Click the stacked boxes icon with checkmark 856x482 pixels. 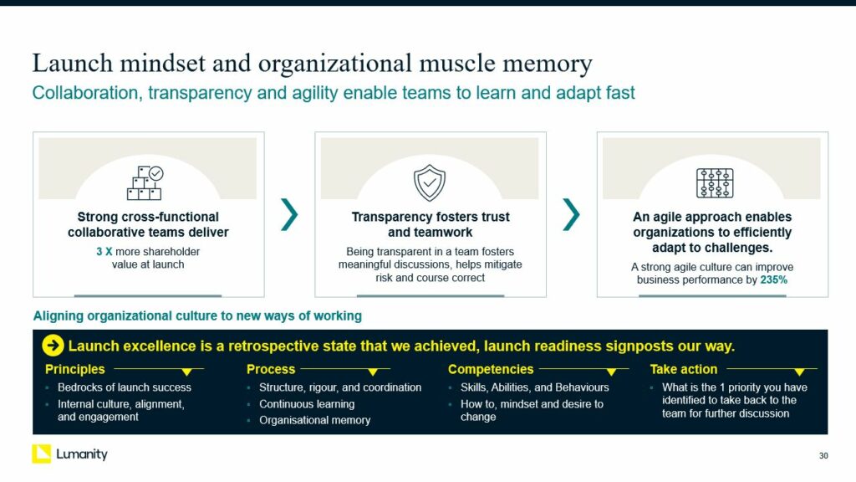click(145, 183)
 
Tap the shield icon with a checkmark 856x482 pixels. click(430, 183)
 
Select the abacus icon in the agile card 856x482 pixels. click(715, 183)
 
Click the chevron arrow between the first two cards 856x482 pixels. click(289, 214)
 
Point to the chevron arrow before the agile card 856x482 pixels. click(571, 214)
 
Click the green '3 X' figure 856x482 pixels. click(104, 252)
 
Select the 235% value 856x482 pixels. click(773, 279)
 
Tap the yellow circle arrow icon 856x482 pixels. click(53, 346)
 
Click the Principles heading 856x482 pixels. click(74, 369)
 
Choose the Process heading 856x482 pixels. click(271, 369)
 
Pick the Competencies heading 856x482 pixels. click(491, 369)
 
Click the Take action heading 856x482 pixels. click(684, 369)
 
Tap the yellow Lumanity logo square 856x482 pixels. click(42, 454)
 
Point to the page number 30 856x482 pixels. click(823, 456)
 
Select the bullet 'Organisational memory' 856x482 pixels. click(314, 420)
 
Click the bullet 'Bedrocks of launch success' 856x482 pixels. click(125, 387)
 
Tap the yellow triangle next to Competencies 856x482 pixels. click(611, 372)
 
